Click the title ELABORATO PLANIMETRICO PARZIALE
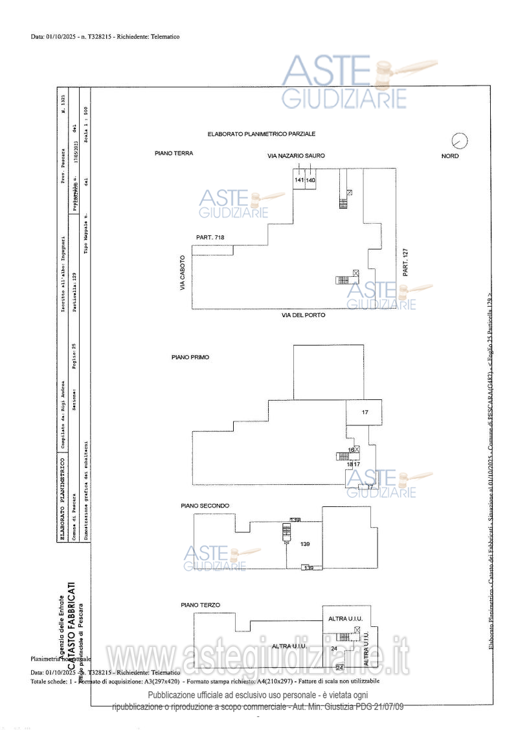261,134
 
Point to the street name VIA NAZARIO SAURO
296,156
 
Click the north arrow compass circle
460,140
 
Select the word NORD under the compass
450,156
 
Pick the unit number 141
299,180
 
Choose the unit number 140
310,180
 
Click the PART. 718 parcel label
210,238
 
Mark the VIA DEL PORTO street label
303,315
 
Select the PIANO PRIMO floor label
190,357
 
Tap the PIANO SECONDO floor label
205,506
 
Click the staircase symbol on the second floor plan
286,532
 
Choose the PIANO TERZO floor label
200,605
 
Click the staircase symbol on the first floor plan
342,456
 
